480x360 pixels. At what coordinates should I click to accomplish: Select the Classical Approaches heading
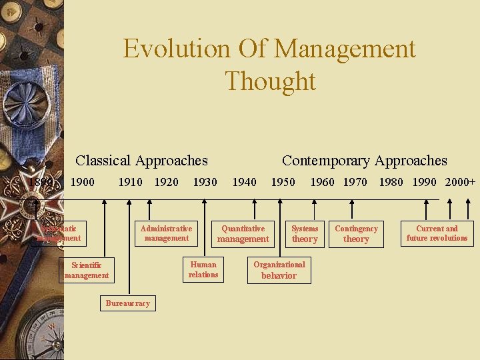pos(141,161)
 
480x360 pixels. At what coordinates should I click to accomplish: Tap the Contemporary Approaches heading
pos(364,161)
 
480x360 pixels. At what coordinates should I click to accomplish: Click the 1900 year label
pos(82,182)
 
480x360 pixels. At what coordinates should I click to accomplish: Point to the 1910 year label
pos(130,182)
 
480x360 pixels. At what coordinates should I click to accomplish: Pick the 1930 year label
pos(205,182)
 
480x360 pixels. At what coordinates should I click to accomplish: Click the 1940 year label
pos(244,182)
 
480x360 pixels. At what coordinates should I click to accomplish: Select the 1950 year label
pos(283,182)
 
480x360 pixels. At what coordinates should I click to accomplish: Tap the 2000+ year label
pos(460,182)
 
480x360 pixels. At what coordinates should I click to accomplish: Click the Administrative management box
pos(166,233)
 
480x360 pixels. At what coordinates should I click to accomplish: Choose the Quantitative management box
pos(243,233)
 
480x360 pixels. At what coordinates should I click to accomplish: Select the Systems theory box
pos(305,233)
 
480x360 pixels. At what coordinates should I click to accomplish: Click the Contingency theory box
pos(356,233)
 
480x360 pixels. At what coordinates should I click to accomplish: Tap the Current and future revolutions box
pos(437,233)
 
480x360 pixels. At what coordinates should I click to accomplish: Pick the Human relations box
pos(203,269)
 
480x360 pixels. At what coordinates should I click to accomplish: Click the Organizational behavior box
pos(279,269)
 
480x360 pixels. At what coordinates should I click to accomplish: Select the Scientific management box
pos(87,270)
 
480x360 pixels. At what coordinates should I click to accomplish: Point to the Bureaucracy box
pos(127,303)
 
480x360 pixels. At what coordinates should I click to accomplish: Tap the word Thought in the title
pos(270,81)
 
